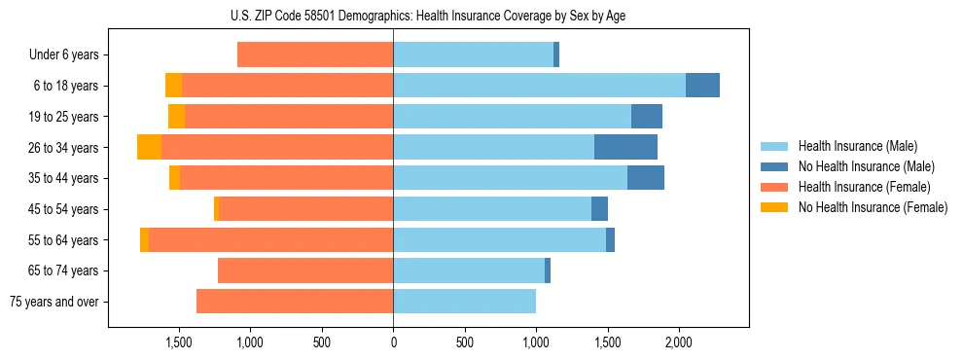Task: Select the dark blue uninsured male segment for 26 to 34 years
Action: [x=625, y=147]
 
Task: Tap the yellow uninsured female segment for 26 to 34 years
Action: [x=149, y=147]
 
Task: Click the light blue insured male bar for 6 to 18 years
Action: [x=539, y=86]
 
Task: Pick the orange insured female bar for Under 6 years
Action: [x=315, y=54]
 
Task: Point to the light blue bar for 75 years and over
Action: [x=464, y=302]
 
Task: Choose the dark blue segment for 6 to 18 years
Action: [x=702, y=86]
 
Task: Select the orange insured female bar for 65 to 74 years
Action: [x=305, y=270]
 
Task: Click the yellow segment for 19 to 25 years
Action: [x=176, y=117]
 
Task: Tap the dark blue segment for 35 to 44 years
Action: [x=646, y=178]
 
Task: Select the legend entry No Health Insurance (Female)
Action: [x=873, y=207]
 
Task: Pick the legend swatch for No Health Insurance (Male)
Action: [x=774, y=167]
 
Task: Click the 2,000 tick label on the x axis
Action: [x=678, y=342]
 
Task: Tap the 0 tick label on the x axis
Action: [x=393, y=342]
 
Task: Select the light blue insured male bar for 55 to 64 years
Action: [x=499, y=240]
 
